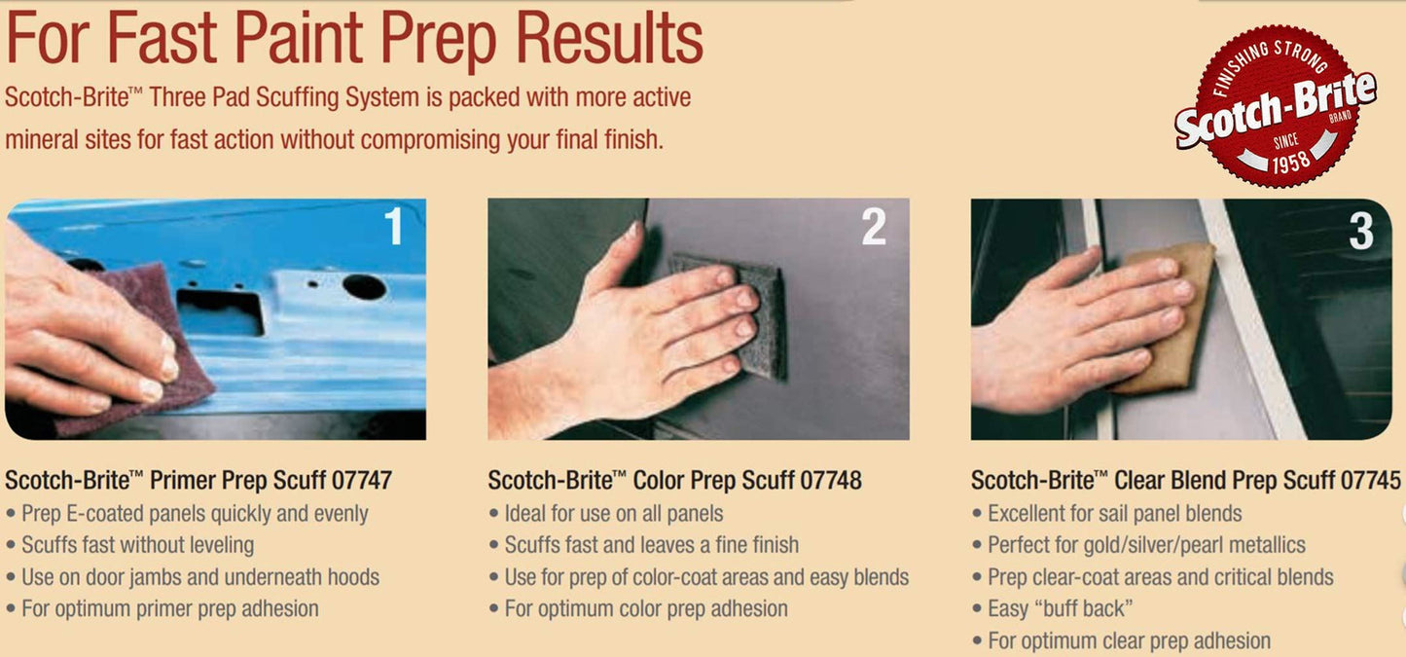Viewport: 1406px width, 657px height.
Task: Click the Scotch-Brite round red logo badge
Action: point(1276,105)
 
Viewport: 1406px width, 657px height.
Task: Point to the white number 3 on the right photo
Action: point(1361,231)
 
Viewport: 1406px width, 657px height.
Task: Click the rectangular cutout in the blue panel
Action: point(220,311)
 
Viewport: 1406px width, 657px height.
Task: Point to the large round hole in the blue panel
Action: point(364,286)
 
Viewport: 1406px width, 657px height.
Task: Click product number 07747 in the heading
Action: point(362,481)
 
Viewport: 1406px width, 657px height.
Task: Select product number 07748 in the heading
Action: point(830,481)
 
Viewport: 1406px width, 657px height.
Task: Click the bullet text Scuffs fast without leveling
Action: point(137,544)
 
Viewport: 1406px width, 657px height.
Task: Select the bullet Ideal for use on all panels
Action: point(614,513)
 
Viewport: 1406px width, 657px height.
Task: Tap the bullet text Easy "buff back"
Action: point(1061,608)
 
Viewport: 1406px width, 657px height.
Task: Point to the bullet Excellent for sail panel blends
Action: point(1115,513)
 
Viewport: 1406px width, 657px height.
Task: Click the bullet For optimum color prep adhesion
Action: point(646,608)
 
